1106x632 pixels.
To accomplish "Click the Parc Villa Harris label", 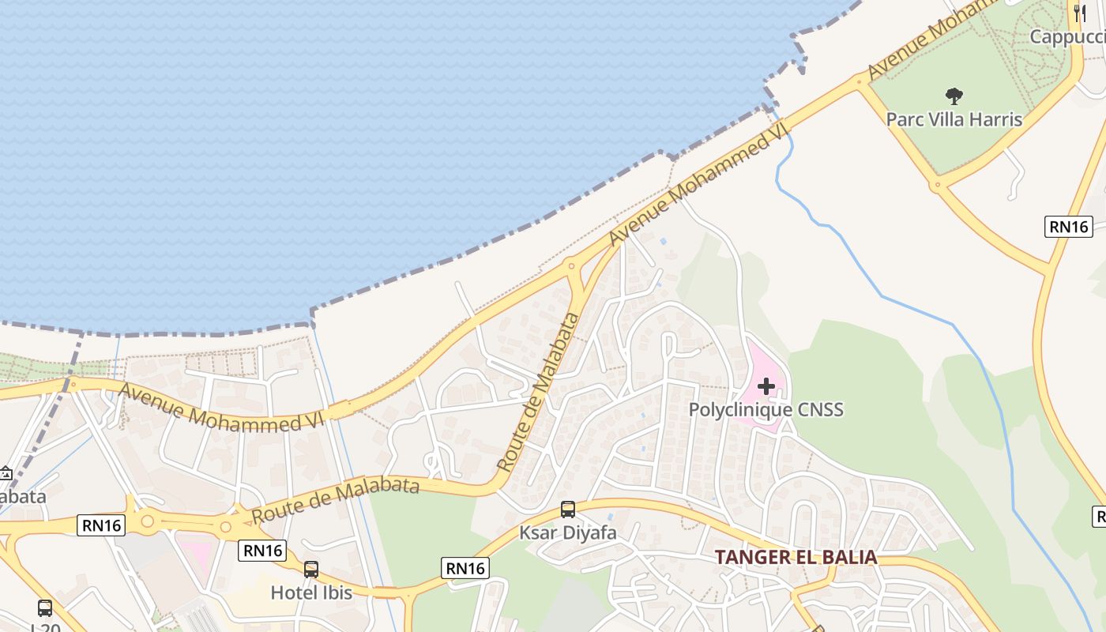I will click(x=954, y=119).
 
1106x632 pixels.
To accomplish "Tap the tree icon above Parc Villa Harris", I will click(x=954, y=96).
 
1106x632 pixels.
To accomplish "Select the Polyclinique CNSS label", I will click(x=766, y=409).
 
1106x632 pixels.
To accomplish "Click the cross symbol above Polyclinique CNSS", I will click(x=766, y=386).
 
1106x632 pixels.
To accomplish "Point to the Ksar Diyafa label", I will click(x=567, y=532).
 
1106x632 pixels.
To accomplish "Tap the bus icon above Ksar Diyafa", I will click(x=567, y=510).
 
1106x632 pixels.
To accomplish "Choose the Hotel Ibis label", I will click(x=311, y=592).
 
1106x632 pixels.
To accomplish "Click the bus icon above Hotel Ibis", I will click(x=311, y=569).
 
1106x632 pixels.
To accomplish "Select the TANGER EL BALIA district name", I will click(x=796, y=557).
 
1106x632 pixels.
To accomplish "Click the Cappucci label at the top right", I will click(x=1066, y=37).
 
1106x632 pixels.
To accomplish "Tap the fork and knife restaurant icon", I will click(x=1080, y=13).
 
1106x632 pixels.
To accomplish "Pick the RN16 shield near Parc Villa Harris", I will click(x=1069, y=227).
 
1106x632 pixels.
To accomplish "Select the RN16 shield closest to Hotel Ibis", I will click(x=262, y=551).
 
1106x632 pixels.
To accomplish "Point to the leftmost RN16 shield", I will click(x=101, y=525).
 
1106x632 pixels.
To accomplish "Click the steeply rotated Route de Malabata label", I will click(x=540, y=393).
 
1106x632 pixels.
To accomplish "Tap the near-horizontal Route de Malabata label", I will click(x=335, y=500).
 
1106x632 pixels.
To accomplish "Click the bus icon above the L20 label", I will click(x=45, y=608).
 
